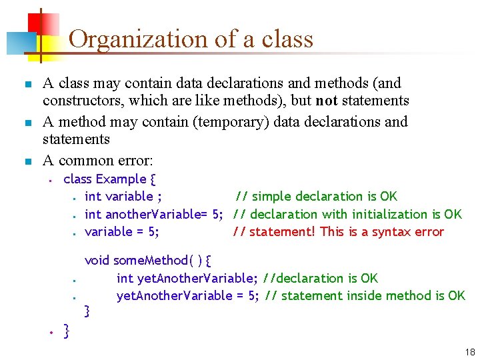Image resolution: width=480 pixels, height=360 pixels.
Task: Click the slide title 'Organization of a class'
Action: click(x=191, y=39)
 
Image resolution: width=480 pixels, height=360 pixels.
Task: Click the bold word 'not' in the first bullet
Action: click(x=327, y=101)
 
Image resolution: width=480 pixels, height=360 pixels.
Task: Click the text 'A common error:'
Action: click(x=97, y=160)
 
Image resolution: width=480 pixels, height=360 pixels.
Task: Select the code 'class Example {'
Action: click(x=109, y=179)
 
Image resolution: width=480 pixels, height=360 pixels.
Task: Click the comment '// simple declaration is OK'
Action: click(x=316, y=196)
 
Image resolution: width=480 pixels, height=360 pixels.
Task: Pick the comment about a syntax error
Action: click(x=338, y=231)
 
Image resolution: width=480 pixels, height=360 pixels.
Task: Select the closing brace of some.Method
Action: click(x=87, y=311)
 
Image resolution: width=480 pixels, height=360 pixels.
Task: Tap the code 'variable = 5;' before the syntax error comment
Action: click(x=122, y=231)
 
